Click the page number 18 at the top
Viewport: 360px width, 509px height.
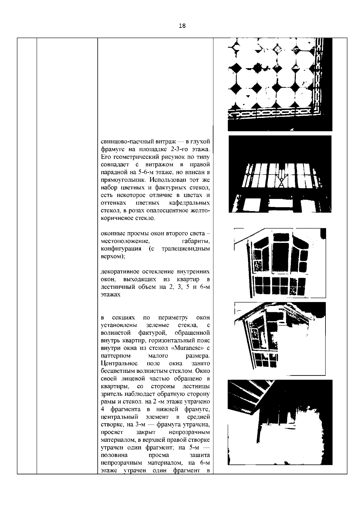pyautogui.click(x=182, y=26)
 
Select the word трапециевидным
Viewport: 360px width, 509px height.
pyautogui.click(x=185, y=249)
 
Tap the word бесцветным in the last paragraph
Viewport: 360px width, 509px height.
pyautogui.click(x=115, y=371)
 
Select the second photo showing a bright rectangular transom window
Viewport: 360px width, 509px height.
pyautogui.click(x=280, y=174)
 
